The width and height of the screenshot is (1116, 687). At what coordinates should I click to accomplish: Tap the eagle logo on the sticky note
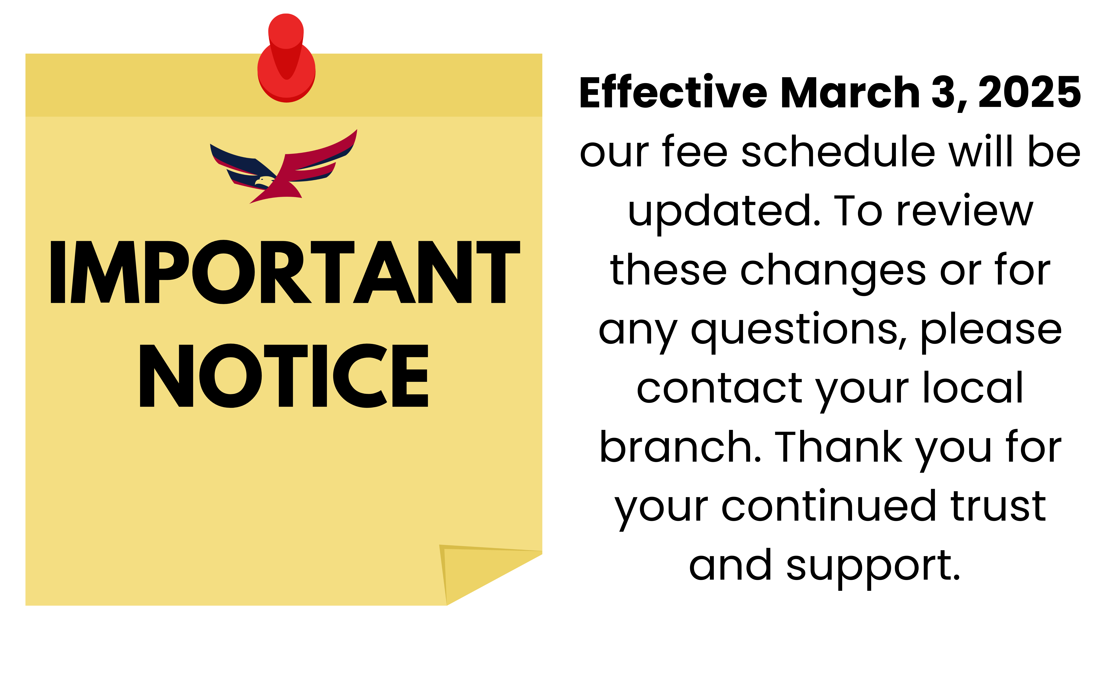click(x=283, y=166)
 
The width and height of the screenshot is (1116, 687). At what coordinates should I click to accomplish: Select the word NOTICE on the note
click(x=284, y=375)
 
